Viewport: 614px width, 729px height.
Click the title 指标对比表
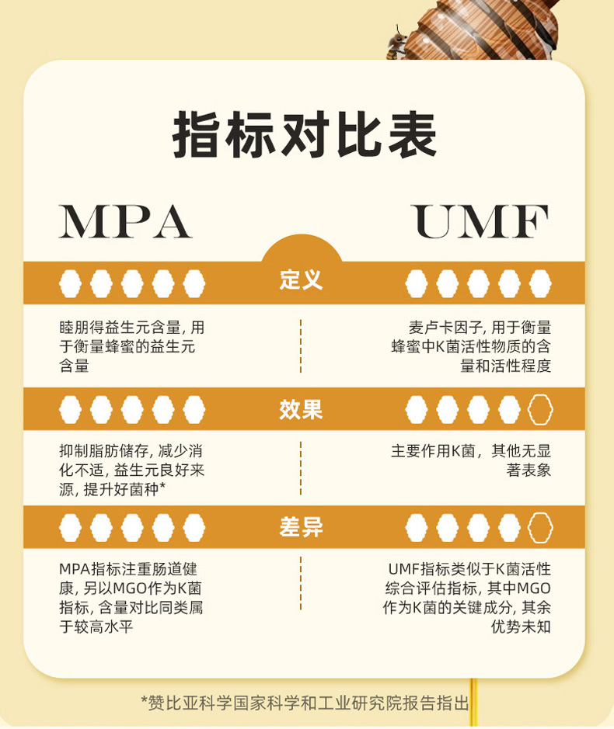coord(304,137)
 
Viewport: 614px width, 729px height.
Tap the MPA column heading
coord(125,222)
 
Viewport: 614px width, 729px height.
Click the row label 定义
coord(301,280)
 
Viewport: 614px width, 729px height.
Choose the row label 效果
coord(301,409)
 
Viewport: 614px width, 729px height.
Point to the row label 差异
coord(301,528)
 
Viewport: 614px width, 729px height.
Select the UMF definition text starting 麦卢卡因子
coord(472,346)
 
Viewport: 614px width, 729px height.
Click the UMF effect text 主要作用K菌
coord(472,460)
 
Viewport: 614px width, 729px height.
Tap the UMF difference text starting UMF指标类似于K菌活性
coord(468,597)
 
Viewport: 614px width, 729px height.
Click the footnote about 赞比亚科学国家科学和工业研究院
coord(305,703)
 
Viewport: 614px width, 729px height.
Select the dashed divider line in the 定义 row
coord(301,345)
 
